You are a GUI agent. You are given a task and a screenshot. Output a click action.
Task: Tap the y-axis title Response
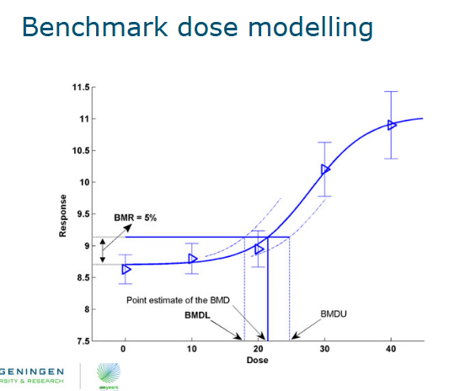coord(63,217)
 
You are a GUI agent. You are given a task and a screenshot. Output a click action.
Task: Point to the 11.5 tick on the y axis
coord(82,87)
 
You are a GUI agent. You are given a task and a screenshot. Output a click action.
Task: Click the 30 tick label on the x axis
coord(324,349)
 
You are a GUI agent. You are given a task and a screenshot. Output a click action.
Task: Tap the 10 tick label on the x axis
coord(191,349)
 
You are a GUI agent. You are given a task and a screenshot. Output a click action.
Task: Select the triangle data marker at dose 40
coord(392,125)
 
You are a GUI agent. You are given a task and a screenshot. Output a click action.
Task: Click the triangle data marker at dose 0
coord(126,269)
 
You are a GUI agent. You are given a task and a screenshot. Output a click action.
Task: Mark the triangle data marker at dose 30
coord(326,169)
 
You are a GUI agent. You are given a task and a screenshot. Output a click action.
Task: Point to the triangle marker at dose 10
coord(193,259)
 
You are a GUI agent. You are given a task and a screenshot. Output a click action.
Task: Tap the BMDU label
coord(334,314)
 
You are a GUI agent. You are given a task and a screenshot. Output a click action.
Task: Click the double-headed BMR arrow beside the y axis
coord(103,250)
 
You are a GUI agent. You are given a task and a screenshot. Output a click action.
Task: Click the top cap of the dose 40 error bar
coord(391,91)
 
